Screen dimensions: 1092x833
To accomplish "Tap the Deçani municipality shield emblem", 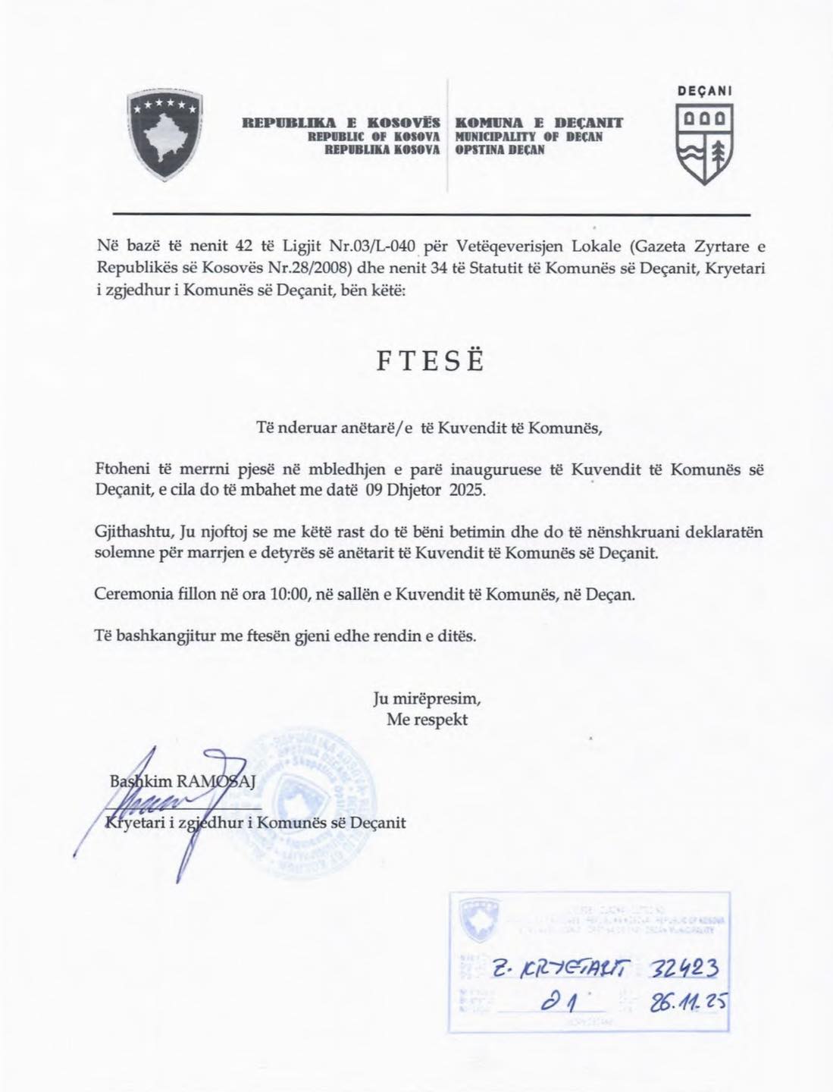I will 703,144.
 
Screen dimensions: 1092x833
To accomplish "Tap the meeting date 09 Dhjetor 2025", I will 424,490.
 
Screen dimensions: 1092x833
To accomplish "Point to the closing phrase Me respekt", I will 427,720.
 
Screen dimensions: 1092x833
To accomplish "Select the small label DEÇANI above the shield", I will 704,89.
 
